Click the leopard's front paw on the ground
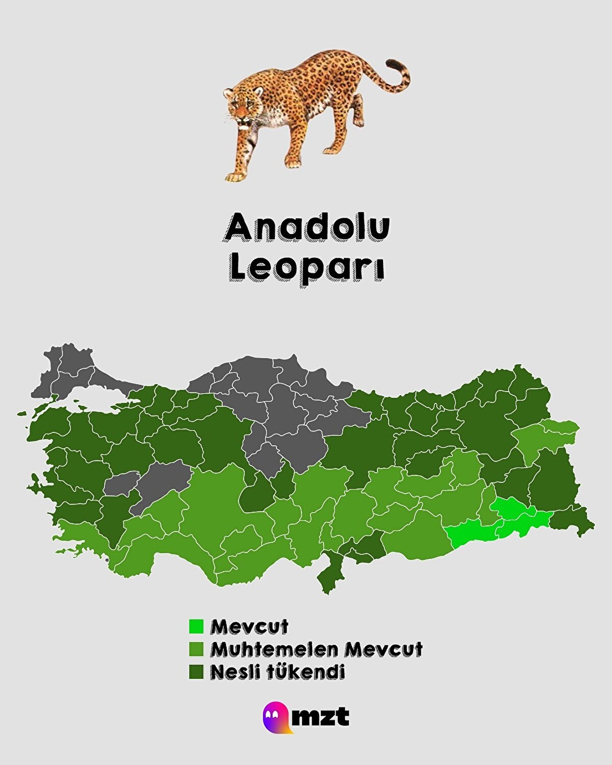(x=236, y=176)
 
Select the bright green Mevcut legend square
(x=196, y=626)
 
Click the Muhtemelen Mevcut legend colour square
(x=196, y=649)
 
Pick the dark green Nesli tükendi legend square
(x=196, y=672)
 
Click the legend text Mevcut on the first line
(x=249, y=626)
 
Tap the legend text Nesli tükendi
(x=277, y=672)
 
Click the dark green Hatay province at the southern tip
(x=329, y=576)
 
